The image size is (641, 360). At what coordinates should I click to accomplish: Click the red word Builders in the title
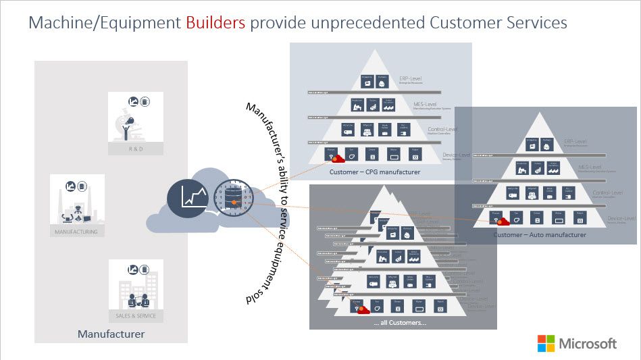[x=215, y=23]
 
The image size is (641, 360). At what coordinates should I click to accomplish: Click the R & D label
[x=135, y=149]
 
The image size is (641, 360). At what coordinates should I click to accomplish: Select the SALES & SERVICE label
[x=135, y=315]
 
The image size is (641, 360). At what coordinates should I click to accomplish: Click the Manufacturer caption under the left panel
[x=111, y=334]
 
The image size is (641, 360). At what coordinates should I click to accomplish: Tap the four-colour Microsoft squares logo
[x=546, y=343]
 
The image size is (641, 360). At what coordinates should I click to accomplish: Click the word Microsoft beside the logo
[x=588, y=343]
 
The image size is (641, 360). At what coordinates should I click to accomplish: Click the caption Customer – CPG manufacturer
[x=374, y=172]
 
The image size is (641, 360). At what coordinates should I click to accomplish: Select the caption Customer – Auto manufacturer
[x=540, y=235]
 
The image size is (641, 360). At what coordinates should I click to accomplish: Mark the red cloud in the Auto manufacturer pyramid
[x=503, y=222]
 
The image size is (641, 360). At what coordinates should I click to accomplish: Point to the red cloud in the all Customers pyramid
[x=363, y=310]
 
